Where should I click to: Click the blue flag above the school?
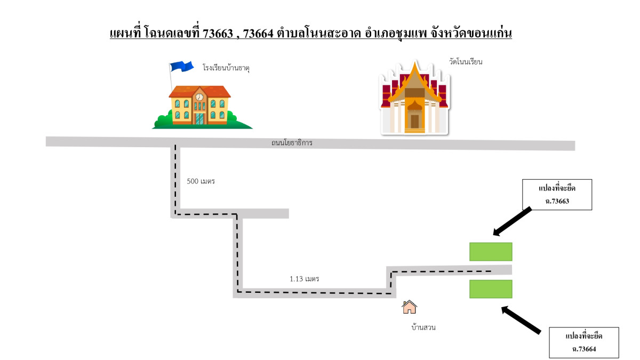pyautogui.click(x=182, y=66)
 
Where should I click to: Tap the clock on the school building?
pyautogui.click(x=199, y=97)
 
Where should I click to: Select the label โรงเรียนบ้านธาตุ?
pyautogui.click(x=226, y=68)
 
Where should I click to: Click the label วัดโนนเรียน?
pyautogui.click(x=466, y=62)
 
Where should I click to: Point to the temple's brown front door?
pyautogui.click(x=414, y=121)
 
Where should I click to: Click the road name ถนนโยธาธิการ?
pyautogui.click(x=292, y=143)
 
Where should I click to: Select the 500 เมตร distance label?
pyautogui.click(x=201, y=181)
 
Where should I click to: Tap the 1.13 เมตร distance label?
pyautogui.click(x=305, y=279)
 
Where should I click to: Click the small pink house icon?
pyautogui.click(x=409, y=307)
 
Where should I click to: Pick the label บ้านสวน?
pyautogui.click(x=423, y=327)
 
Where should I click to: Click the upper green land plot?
pyautogui.click(x=491, y=252)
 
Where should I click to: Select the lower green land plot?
pyautogui.click(x=491, y=289)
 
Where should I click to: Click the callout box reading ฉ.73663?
pyautogui.click(x=557, y=195)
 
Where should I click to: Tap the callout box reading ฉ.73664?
pyautogui.click(x=584, y=342)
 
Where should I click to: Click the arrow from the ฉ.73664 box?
pyautogui.click(x=521, y=320)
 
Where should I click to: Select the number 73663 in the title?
pyautogui.click(x=218, y=34)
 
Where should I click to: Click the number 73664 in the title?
pyautogui.click(x=258, y=34)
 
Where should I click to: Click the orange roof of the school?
pyautogui.click(x=199, y=91)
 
